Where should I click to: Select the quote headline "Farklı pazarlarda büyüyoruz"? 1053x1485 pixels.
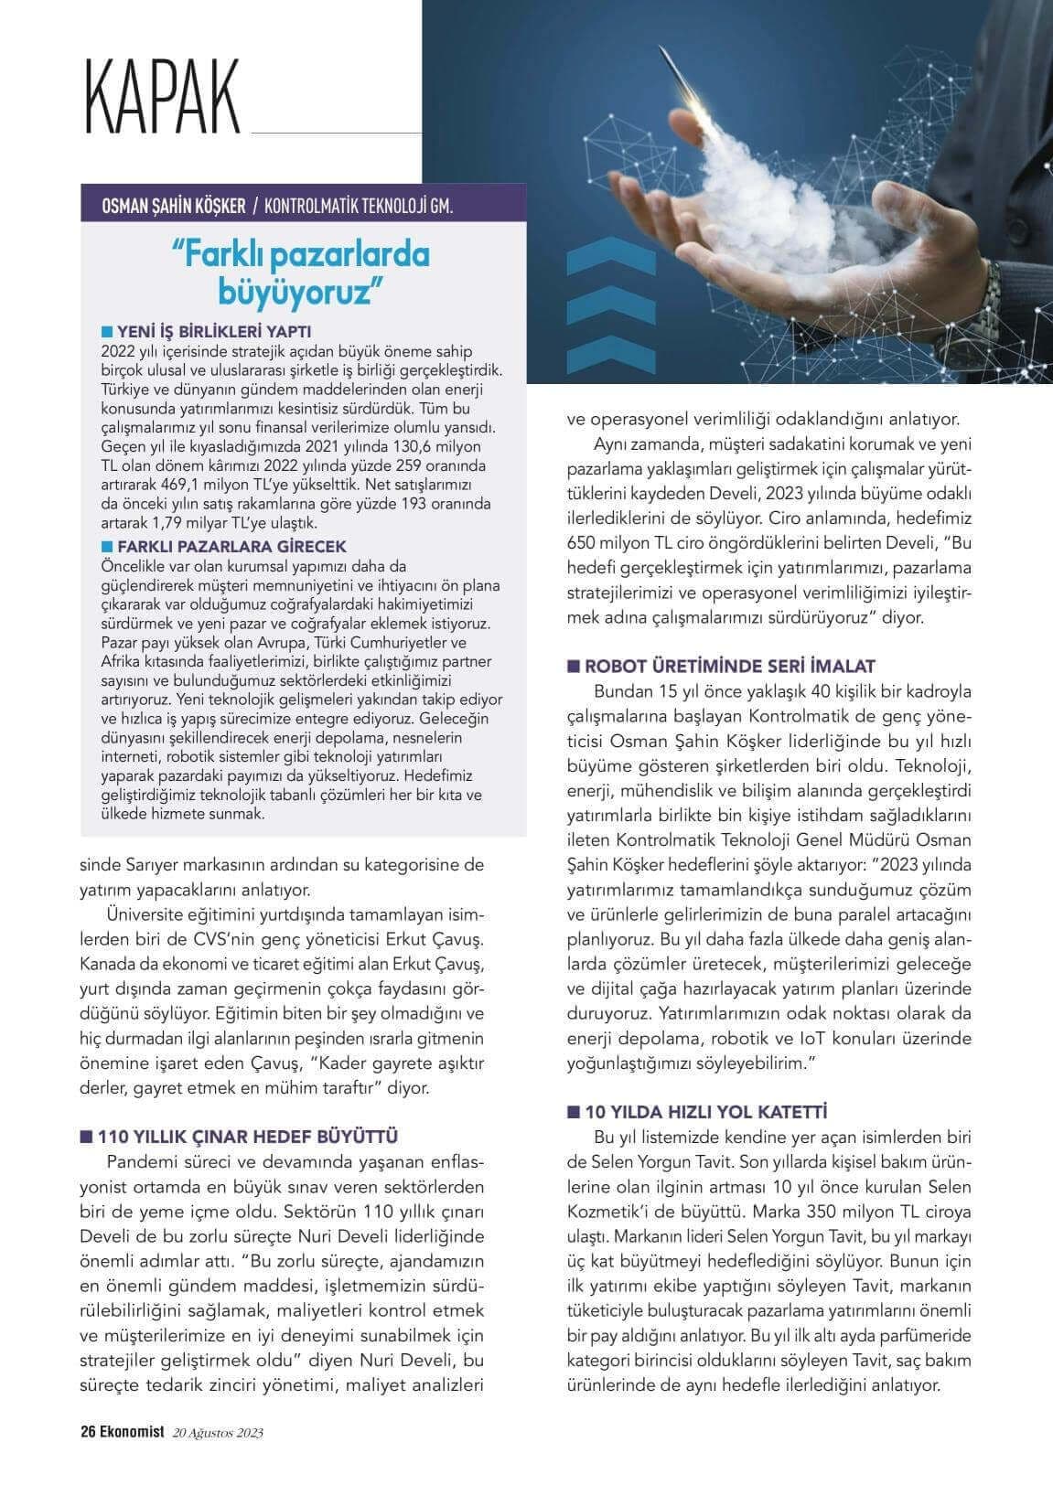pyautogui.click(x=301, y=272)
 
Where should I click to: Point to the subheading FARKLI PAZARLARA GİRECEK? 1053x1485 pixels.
pyautogui.click(x=230, y=546)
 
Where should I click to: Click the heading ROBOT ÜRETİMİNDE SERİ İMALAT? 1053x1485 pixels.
pyautogui.click(x=728, y=666)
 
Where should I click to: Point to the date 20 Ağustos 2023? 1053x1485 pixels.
pyautogui.click(x=218, y=1433)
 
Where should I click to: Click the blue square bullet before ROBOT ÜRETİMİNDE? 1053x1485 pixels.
pyautogui.click(x=574, y=666)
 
